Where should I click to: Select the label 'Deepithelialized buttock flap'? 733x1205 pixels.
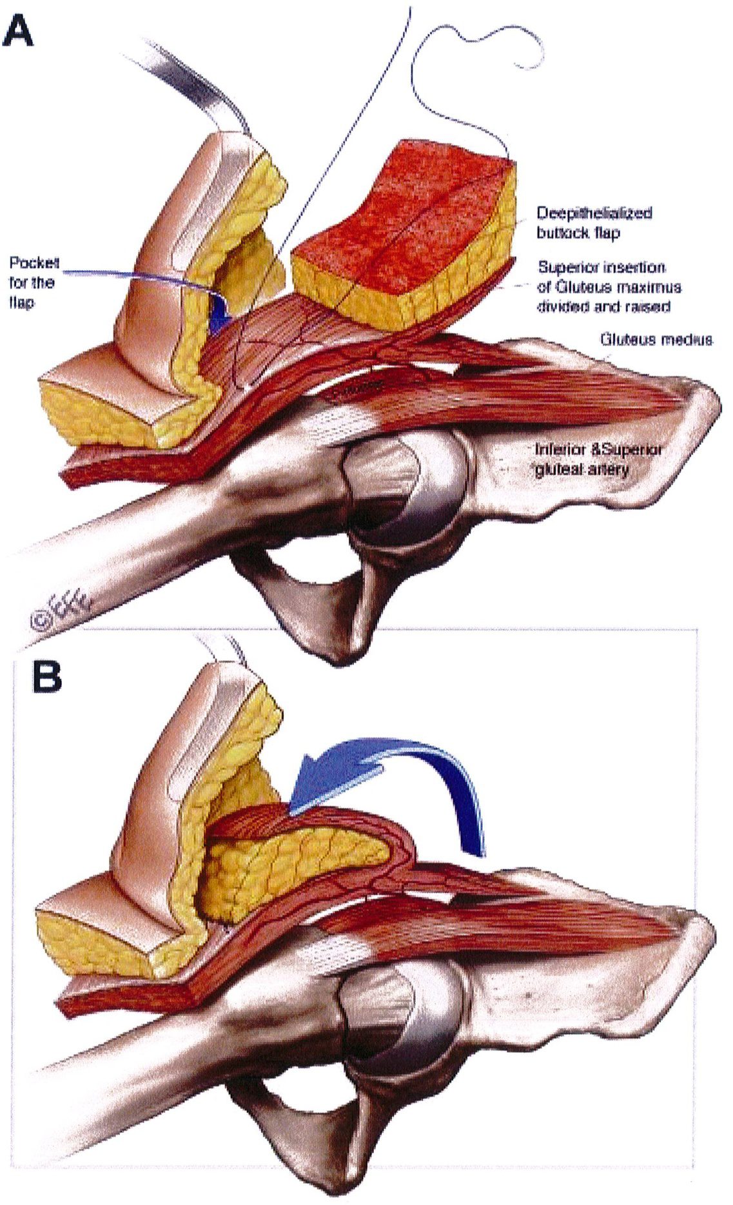[x=594, y=222]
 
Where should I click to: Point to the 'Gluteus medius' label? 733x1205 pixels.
[x=656, y=339]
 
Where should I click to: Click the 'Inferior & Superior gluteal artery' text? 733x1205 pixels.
[x=598, y=459]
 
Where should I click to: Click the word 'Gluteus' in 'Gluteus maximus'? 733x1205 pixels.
[x=565, y=286]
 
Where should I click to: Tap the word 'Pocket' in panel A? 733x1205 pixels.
[x=34, y=263]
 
